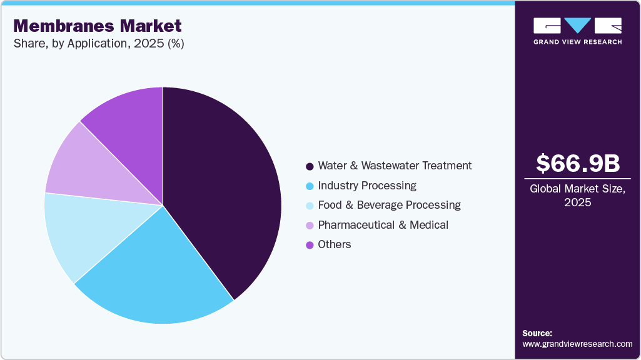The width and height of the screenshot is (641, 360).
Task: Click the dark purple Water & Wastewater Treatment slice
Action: [x=219, y=187]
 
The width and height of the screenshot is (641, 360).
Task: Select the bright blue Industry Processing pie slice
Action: [x=156, y=275]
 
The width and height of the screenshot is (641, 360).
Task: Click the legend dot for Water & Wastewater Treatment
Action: [x=309, y=166]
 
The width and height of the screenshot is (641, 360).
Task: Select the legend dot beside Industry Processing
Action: [x=309, y=186]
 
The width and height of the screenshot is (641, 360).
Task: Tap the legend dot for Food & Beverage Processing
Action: [x=309, y=206]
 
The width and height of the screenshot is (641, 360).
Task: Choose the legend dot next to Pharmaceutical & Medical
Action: [x=309, y=225]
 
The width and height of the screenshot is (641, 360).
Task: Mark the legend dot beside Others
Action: [x=309, y=245]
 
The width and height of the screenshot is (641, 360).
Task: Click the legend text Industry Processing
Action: [x=367, y=186]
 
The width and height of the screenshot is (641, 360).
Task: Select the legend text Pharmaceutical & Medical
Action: [x=383, y=224]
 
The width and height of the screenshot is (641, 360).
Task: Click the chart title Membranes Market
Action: [x=97, y=26]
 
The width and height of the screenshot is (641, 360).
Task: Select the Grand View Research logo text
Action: [x=578, y=42]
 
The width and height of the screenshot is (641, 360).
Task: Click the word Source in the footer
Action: [x=537, y=333]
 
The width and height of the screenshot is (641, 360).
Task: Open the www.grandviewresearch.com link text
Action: [x=578, y=344]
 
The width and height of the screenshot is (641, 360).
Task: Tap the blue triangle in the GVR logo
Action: [x=578, y=25]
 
